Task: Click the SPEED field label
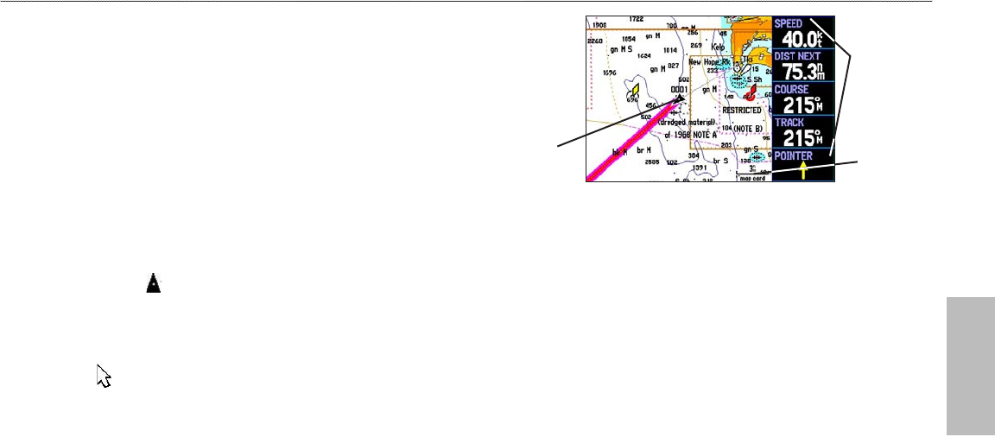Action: (788, 23)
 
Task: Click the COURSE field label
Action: (792, 89)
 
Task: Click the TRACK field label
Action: (789, 123)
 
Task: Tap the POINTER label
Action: (794, 155)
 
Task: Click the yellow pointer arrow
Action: (804, 170)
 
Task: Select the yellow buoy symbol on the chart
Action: (634, 90)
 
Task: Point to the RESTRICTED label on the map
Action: (742, 111)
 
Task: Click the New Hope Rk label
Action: (709, 62)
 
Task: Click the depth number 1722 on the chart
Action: (637, 19)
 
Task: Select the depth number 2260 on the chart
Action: (595, 41)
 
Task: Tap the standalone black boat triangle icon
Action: (153, 282)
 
